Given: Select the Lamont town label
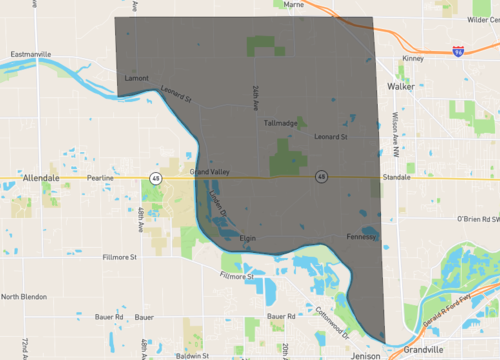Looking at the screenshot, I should click(x=136, y=77).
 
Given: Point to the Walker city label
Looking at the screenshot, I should click(x=401, y=87).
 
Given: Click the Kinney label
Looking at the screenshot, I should click(x=413, y=58).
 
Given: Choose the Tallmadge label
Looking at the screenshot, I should click(x=281, y=123).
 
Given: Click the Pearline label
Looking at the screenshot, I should click(x=101, y=177).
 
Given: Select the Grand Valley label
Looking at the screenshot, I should click(x=212, y=172).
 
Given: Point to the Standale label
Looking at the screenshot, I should click(x=396, y=177).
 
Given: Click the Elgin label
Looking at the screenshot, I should click(x=249, y=238).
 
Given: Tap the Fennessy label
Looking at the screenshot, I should click(x=360, y=237).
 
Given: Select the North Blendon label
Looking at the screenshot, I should click(x=24, y=297).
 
